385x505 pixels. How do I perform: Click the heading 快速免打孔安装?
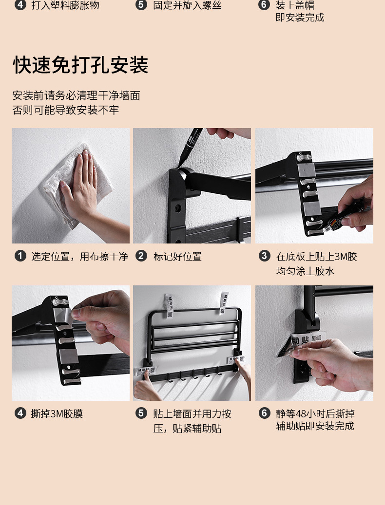pyautogui.click(x=80, y=65)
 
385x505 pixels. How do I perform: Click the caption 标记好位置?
pyautogui.click(x=177, y=257)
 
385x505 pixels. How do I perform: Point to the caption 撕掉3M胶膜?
pyautogui.click(x=57, y=413)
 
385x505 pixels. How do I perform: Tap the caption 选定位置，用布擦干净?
pyautogui.click(x=79, y=257)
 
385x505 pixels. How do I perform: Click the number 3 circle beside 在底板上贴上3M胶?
pyautogui.click(x=264, y=256)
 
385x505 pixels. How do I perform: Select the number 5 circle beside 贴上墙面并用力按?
pyautogui.click(x=141, y=413)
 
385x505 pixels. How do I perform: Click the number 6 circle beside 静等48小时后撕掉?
pyautogui.click(x=264, y=413)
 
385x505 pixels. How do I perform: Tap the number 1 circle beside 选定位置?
pyautogui.click(x=20, y=256)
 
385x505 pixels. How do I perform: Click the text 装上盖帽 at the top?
pyautogui.click(x=295, y=5)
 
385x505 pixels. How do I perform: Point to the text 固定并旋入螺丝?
pyautogui.click(x=187, y=5)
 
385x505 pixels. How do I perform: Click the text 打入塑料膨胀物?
pyautogui.click(x=65, y=5)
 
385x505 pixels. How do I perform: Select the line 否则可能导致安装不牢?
pyautogui.click(x=66, y=110)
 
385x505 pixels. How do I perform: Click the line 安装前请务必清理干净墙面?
pyautogui.click(x=77, y=95)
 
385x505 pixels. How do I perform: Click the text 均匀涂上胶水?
pyautogui.click(x=305, y=271)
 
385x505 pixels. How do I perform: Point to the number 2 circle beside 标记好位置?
pyautogui.click(x=141, y=256)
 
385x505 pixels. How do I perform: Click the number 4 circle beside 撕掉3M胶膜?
pyautogui.click(x=20, y=413)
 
